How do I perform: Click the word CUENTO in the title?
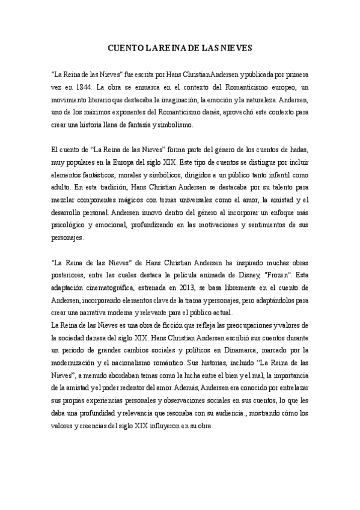(124, 46)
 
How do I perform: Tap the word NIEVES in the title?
(236, 46)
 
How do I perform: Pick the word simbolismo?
(174, 124)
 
